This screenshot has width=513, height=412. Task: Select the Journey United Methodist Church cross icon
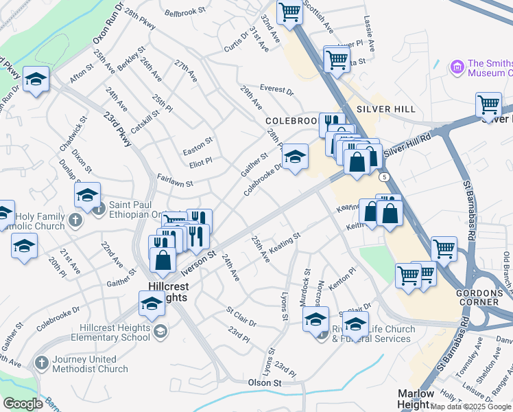click(42, 361)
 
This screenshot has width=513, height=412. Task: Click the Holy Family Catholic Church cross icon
click(75, 220)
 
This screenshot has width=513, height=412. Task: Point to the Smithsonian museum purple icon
click(457, 67)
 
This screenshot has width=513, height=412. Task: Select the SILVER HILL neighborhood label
click(387, 109)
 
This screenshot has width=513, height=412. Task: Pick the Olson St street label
click(265, 382)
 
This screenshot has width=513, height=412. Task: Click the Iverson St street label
click(199, 255)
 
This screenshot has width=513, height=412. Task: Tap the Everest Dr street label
click(276, 90)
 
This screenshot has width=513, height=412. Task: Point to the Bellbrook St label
click(185, 12)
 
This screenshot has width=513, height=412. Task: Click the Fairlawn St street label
click(175, 184)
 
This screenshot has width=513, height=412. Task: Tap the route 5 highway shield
click(381, 177)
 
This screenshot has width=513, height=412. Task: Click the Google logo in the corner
click(23, 403)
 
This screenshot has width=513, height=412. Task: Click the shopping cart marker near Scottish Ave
click(289, 12)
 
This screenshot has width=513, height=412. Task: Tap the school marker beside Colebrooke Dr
click(296, 157)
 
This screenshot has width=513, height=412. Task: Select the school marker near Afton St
click(36, 79)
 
